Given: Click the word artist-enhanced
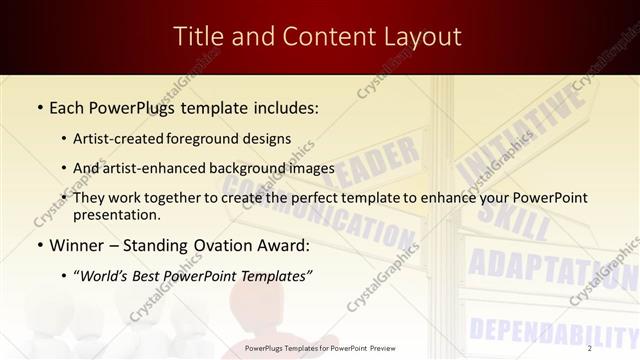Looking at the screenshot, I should click(158, 168).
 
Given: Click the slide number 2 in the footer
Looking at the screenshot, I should click(590, 348).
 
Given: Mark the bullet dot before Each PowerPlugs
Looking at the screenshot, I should click(39, 107).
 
